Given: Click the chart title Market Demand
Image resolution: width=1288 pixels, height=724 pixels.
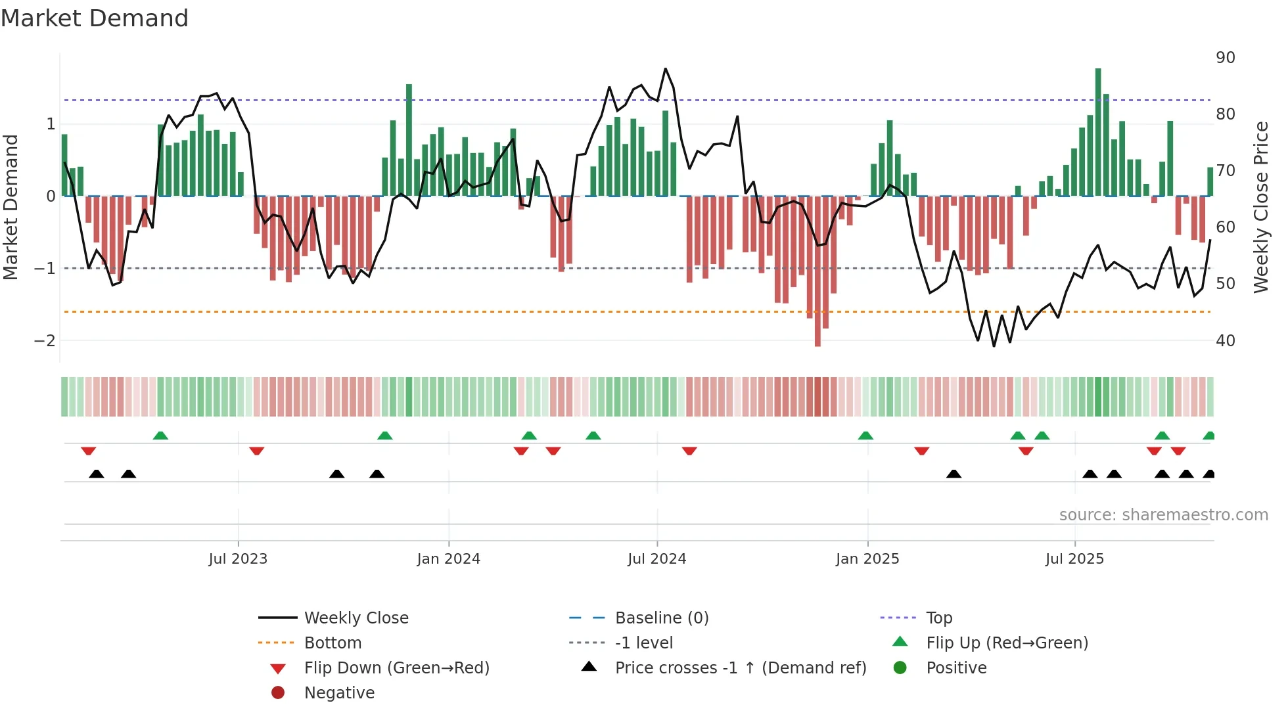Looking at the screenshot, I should (x=95, y=18).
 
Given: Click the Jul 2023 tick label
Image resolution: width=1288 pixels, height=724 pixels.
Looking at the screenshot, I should (x=238, y=559).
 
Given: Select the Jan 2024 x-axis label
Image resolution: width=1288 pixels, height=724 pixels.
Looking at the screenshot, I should (x=449, y=559).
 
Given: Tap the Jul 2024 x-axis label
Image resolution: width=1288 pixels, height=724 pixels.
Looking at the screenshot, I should (x=656, y=559).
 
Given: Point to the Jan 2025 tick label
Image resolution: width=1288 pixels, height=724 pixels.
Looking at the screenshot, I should (x=867, y=559).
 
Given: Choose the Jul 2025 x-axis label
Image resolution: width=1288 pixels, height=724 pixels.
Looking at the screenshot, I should (x=1074, y=559).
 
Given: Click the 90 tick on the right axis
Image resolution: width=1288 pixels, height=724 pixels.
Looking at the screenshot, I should (x=1225, y=58).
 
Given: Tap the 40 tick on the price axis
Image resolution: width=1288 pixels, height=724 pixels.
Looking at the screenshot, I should (x=1225, y=341).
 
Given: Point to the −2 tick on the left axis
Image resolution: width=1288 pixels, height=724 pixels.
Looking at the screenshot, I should (x=45, y=341).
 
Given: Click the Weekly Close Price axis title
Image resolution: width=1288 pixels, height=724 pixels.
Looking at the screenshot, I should (x=1260, y=207).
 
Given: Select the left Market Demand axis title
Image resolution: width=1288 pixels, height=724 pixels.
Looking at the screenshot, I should (x=11, y=207).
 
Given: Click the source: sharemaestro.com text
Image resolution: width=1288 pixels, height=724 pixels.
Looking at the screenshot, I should (x=1163, y=515).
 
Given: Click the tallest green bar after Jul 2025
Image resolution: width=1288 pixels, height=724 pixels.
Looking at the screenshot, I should (x=1098, y=131).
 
